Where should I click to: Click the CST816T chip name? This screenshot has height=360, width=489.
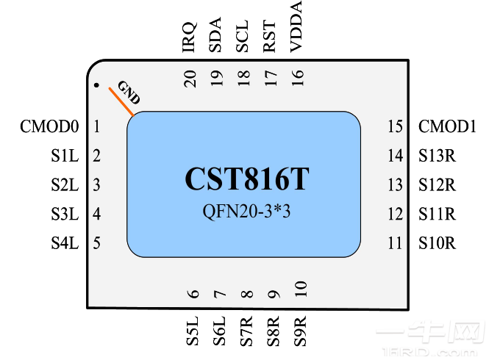point(246,180)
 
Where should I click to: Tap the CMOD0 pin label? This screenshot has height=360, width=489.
point(49,127)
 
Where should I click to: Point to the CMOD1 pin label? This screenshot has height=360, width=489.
point(448,127)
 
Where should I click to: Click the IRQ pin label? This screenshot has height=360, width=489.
point(190,37)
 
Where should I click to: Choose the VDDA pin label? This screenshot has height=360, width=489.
point(297,27)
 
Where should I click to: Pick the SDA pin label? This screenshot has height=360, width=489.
point(216,36)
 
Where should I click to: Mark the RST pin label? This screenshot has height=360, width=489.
point(270,37)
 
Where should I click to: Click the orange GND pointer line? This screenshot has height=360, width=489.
point(121,101)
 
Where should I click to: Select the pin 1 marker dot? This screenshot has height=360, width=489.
point(96,85)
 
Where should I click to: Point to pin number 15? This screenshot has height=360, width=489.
point(396,127)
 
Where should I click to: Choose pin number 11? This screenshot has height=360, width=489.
point(396,243)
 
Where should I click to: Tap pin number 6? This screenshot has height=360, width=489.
point(194,295)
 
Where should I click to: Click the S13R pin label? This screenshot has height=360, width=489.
point(438,156)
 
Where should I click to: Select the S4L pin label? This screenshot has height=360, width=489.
point(64,243)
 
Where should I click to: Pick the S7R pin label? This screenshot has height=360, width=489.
point(248,331)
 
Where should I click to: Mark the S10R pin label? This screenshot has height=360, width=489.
point(438,243)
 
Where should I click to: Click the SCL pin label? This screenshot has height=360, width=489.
point(243,37)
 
